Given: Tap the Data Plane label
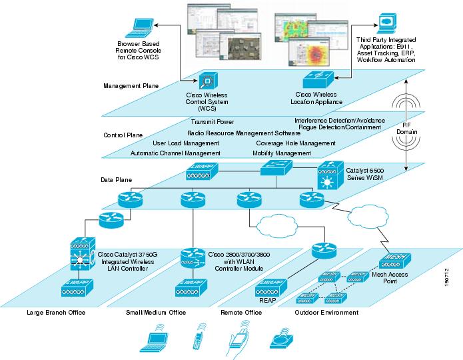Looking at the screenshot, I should pyautogui.click(x=116, y=180).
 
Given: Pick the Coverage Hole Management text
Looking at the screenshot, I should pyautogui.click(x=295, y=143).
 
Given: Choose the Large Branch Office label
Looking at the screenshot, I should pyautogui.click(x=56, y=312).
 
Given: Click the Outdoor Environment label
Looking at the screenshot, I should pyautogui.click(x=326, y=312).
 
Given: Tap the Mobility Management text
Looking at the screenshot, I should pyautogui.click(x=282, y=153).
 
